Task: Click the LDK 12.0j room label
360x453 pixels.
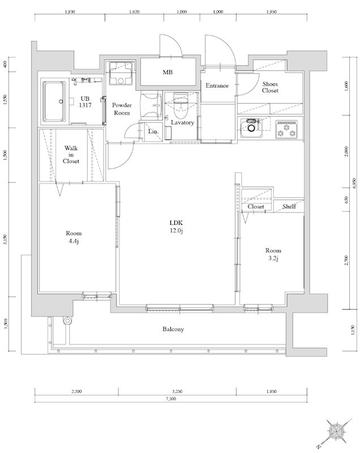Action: [x=176, y=226]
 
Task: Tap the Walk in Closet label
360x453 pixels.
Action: [x=71, y=155]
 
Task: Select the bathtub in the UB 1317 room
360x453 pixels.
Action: [x=54, y=101]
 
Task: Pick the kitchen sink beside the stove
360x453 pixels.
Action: [x=251, y=129]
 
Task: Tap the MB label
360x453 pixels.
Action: [x=168, y=72]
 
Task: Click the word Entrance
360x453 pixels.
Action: [x=217, y=86]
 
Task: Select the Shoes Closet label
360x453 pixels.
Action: [x=270, y=87]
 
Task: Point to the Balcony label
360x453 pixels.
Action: [x=173, y=329]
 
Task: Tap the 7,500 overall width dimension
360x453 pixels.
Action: [x=170, y=399]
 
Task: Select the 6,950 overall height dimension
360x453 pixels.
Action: [x=355, y=183]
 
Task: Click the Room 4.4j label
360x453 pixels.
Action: [x=74, y=237]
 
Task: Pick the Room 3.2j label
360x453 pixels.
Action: [x=273, y=254]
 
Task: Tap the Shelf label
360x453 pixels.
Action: [x=289, y=206]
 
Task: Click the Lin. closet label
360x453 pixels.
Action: [x=153, y=131]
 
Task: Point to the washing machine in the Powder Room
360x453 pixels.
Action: [x=121, y=74]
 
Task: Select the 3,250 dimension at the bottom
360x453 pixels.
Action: [x=177, y=392]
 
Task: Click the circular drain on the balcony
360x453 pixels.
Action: [x=67, y=320]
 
